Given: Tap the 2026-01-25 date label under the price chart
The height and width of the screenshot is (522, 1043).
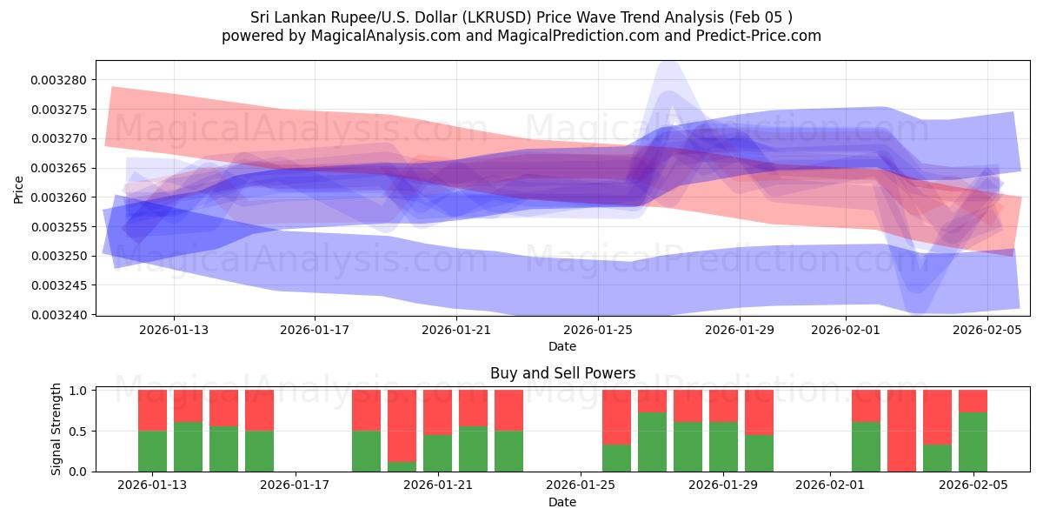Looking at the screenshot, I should (x=598, y=330).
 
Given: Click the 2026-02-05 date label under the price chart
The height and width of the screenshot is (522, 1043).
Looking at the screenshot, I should (x=988, y=330).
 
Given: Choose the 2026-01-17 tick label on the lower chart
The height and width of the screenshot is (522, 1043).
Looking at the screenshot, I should (x=296, y=485).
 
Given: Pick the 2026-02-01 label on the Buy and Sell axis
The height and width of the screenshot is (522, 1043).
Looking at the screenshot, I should (x=830, y=485).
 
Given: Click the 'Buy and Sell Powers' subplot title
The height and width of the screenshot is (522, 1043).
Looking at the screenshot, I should (x=562, y=373).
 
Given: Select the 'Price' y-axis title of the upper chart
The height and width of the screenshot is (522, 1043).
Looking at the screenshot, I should (x=19, y=189).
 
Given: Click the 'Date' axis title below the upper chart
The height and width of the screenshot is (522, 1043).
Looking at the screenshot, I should (x=562, y=346).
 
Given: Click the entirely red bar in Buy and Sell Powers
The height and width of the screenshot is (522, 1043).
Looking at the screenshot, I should (x=901, y=431).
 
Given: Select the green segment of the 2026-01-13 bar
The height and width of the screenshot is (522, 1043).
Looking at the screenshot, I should (x=152, y=451).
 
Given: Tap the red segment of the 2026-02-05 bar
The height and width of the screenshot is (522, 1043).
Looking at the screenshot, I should (x=973, y=401).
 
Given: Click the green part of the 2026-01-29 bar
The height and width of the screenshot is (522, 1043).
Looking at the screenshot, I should (x=723, y=446).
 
